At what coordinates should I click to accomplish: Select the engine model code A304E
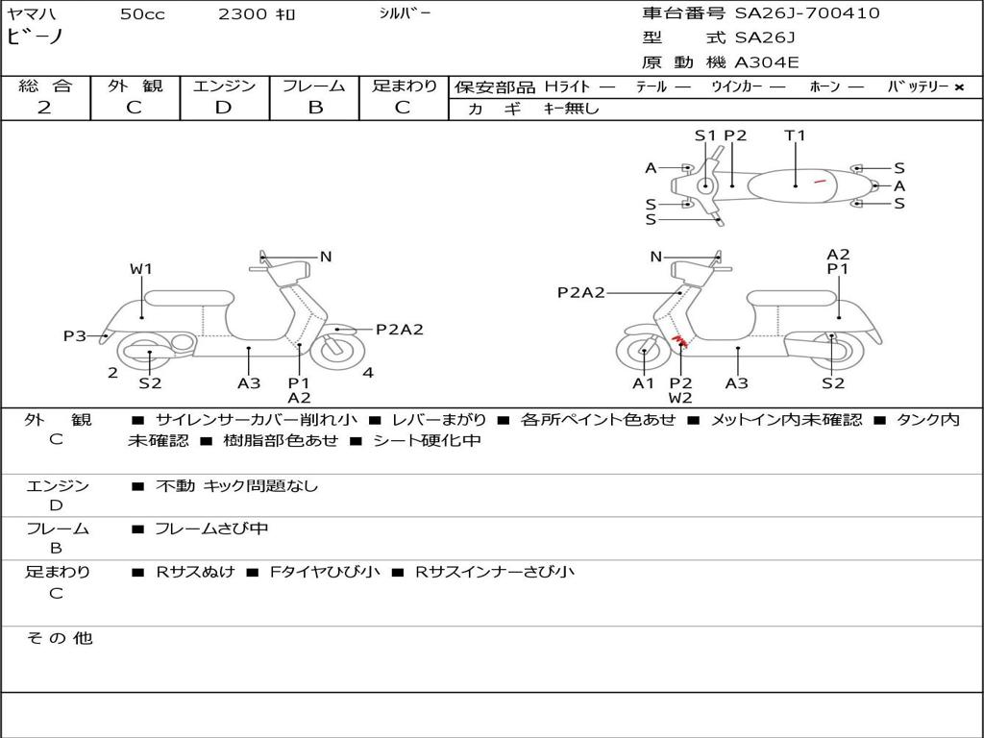(767, 62)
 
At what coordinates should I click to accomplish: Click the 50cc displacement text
(142, 14)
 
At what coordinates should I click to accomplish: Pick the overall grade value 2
(44, 108)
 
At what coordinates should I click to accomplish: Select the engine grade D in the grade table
(224, 108)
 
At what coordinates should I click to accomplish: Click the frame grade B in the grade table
(314, 108)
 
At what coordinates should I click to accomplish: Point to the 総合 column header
(45, 86)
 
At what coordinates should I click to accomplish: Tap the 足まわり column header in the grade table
(404, 86)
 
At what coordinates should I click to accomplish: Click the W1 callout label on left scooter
(141, 269)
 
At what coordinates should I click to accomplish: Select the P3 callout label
(75, 336)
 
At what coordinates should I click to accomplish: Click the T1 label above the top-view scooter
(795, 135)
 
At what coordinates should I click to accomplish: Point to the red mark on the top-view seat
(820, 180)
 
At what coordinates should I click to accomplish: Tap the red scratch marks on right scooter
(679, 341)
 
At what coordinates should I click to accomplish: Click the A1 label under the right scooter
(643, 383)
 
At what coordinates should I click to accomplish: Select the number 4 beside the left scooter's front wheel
(368, 373)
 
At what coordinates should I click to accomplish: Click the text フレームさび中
(211, 529)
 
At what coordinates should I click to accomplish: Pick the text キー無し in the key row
(571, 109)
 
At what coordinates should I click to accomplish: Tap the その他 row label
(59, 638)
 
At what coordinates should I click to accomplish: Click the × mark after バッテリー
(959, 87)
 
